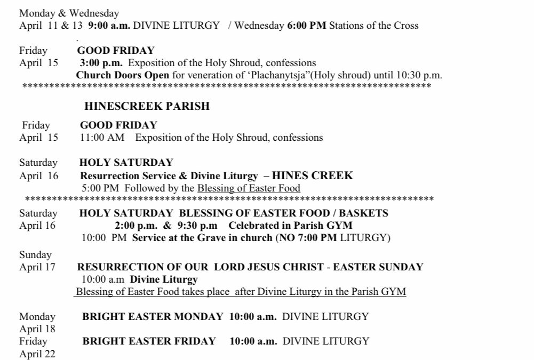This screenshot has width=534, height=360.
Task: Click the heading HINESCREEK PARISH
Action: [147, 107]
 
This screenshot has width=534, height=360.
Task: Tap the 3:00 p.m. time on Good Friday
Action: [101, 63]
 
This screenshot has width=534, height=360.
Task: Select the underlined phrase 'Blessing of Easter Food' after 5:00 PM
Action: [249, 188]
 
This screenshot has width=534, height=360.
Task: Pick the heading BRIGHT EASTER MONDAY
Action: [153, 316]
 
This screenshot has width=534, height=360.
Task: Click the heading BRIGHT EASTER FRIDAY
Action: [149, 341]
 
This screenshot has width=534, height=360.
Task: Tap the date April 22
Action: [37, 353]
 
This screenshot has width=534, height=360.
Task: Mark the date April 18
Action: [37, 329]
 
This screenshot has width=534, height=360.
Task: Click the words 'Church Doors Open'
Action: [123, 75]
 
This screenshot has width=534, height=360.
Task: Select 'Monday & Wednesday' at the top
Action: [69, 13]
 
